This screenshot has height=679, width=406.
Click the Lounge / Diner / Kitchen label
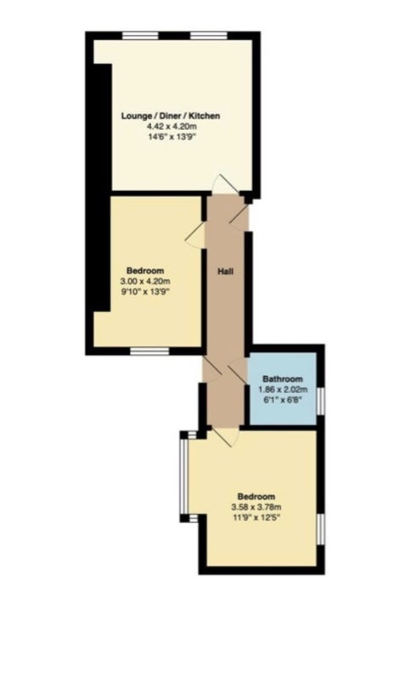coord(170,115)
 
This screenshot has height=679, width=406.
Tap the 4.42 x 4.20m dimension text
coord(170,126)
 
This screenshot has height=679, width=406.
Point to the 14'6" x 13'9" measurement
coord(170,137)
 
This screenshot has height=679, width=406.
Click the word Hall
coord(225,272)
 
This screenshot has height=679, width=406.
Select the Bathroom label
coord(283,379)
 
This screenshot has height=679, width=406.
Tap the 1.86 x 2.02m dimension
coord(283,390)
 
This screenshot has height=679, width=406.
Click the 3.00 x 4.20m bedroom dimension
coord(145,282)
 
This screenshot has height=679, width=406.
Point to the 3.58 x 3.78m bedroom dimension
coord(257,507)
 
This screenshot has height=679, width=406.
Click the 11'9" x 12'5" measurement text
coord(257,518)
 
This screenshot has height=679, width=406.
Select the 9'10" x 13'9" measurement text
coord(145,292)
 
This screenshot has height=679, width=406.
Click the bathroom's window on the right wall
coord(321,401)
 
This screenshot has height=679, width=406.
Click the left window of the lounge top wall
coord(140,36)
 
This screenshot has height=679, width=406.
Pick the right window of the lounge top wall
coord(209,36)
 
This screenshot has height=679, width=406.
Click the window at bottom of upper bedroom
coord(150,351)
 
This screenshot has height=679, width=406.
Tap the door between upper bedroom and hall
coord(195,236)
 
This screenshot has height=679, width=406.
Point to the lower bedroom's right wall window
coord(321,529)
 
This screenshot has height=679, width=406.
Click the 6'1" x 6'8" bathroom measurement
coord(283,400)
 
